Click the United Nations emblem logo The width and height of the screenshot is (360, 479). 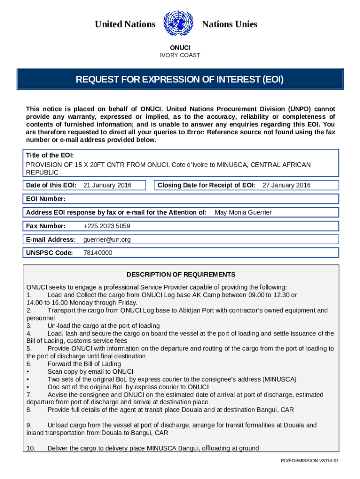pyautogui.click(x=178, y=24)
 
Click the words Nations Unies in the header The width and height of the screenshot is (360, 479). pyautogui.click(x=230, y=24)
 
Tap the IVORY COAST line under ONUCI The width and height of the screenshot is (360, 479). pyautogui.click(x=180, y=55)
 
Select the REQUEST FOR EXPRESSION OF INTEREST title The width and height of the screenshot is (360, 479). pyautogui.click(x=180, y=80)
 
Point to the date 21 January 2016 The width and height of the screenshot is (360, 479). pyautogui.click(x=107, y=185)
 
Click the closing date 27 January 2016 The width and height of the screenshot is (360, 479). pyautogui.click(x=286, y=185)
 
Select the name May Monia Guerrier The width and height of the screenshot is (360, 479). pyautogui.click(x=243, y=212)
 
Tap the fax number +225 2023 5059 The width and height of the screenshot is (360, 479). pyautogui.click(x=107, y=226)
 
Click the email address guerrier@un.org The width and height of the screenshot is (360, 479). pyautogui.click(x=107, y=239)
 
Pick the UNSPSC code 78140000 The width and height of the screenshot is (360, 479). pyautogui.click(x=98, y=253)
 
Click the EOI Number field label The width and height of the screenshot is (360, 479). pyautogui.click(x=45, y=199)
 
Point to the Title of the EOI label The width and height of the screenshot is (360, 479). pyautogui.click(x=50, y=155)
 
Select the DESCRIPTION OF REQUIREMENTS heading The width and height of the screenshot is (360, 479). pyautogui.click(x=181, y=275)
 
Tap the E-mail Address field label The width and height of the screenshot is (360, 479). pyautogui.click(x=50, y=239)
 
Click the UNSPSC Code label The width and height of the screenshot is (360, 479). pyautogui.click(x=50, y=253)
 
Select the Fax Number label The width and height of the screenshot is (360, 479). pyautogui.click(x=46, y=226)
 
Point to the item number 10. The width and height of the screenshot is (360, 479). pyautogui.click(x=31, y=448)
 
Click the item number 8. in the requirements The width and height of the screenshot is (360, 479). pyautogui.click(x=29, y=410)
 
